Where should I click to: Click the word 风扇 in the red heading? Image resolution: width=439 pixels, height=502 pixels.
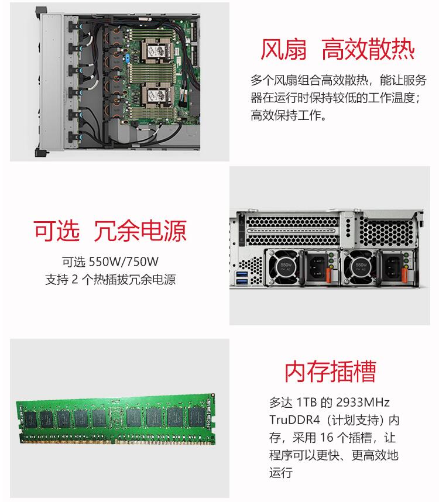[x=283, y=49]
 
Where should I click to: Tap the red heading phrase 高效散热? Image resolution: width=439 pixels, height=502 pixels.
[x=368, y=49]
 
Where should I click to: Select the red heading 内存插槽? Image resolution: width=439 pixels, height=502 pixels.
[x=331, y=372]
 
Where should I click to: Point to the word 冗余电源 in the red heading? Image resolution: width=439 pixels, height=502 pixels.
[x=140, y=231]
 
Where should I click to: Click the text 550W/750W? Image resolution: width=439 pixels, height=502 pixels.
[x=124, y=262]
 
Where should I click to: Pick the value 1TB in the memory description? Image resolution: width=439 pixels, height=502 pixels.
[x=306, y=402]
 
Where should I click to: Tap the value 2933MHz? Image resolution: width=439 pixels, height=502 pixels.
[x=363, y=402]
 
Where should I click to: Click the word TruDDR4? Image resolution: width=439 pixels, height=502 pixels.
[x=294, y=420]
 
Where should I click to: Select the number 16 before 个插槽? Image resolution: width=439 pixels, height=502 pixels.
[x=327, y=437]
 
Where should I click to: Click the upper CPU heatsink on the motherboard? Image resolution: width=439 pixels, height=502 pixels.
[x=157, y=50]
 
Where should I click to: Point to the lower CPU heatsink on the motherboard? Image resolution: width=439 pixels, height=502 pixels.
[x=157, y=95]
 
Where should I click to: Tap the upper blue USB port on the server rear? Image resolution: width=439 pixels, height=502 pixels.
[x=242, y=274]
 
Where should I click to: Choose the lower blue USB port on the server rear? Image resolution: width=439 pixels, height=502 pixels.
[x=242, y=281]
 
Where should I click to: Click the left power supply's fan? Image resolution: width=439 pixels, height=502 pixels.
[x=284, y=267]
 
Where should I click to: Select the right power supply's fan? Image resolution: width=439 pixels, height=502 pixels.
[x=359, y=267]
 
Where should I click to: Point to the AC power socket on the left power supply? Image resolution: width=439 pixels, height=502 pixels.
[x=316, y=267]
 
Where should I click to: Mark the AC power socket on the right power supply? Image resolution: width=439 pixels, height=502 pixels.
[x=392, y=267]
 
